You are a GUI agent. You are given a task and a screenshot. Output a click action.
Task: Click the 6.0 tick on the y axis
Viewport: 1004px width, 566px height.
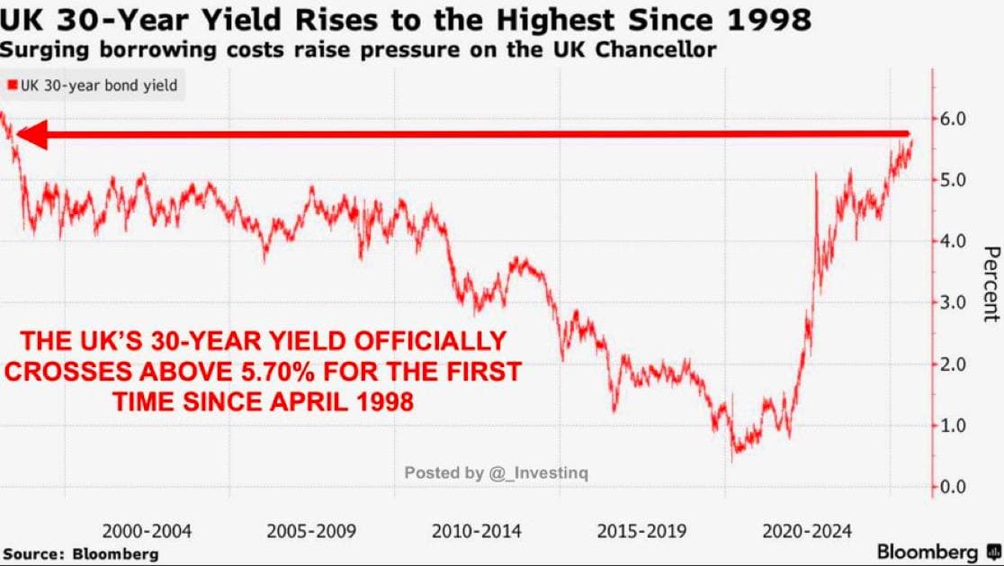(x=953, y=119)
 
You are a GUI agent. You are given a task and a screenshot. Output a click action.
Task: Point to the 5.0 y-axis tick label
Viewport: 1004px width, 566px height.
(x=953, y=180)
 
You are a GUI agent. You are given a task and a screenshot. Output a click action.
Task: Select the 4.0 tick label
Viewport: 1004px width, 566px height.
(x=953, y=241)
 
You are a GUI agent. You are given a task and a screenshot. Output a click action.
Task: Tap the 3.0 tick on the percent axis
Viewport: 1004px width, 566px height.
(x=953, y=302)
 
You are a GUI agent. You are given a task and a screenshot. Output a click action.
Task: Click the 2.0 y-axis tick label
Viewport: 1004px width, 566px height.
(x=953, y=364)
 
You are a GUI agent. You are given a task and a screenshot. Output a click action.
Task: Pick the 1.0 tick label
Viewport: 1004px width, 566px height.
(x=953, y=426)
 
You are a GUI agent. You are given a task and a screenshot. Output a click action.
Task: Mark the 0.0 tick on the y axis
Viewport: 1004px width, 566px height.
(x=953, y=487)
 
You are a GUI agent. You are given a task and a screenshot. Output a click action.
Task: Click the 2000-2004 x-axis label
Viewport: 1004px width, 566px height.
(x=147, y=531)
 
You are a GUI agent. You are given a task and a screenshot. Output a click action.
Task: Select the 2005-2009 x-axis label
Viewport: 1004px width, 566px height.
(x=311, y=531)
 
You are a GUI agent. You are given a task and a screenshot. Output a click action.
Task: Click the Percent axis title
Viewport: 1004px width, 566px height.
(x=991, y=283)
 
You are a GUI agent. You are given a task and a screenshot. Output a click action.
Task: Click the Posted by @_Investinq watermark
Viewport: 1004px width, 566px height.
(x=496, y=472)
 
